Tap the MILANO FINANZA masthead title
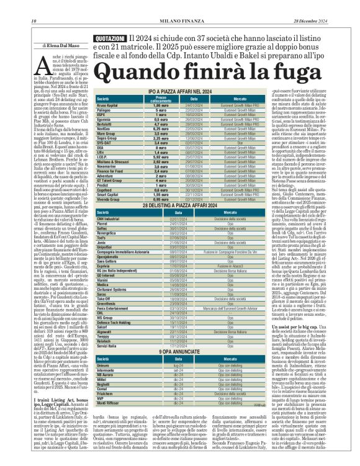[179, 6]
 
